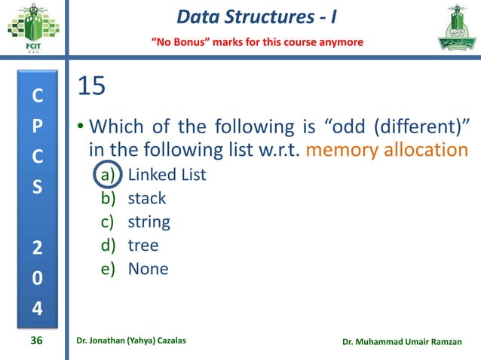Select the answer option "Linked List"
[x=167, y=175]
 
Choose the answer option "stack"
[x=146, y=199]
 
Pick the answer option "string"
[x=149, y=222]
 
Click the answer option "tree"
[x=143, y=246]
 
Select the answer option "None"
[x=148, y=269]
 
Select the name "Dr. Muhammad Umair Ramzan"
[x=406, y=342]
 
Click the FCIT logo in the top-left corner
[x=31, y=28]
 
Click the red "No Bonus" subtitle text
[x=257, y=41]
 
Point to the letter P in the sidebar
[x=36, y=126]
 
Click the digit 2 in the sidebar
[x=36, y=249]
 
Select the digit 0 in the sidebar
[x=36, y=278]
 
